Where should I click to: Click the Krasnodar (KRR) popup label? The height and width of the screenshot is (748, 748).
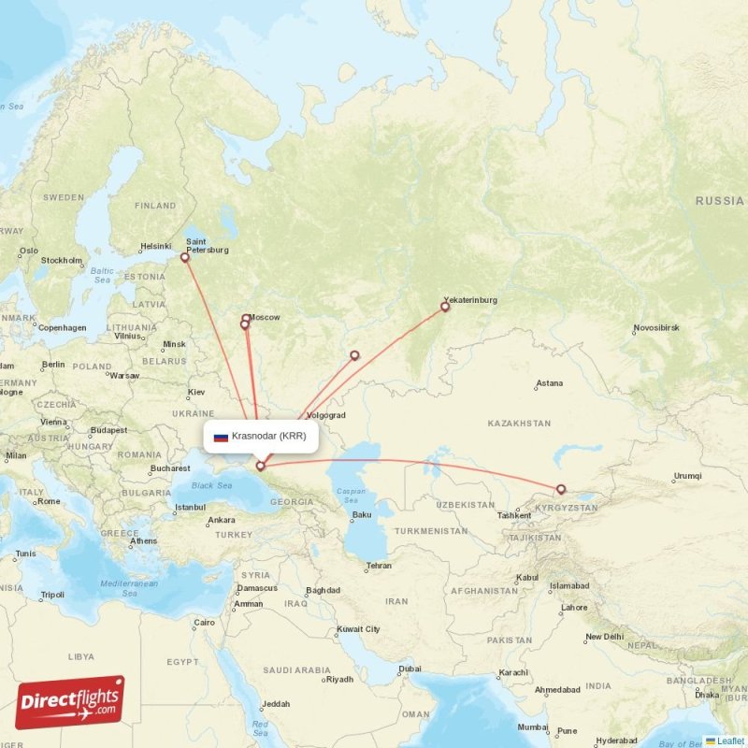[268, 436]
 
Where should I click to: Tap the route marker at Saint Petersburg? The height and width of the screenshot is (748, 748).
[185, 257]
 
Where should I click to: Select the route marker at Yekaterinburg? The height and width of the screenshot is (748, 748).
[445, 306]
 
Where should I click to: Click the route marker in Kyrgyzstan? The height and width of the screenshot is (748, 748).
[561, 489]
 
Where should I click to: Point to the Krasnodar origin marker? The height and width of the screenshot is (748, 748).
[260, 465]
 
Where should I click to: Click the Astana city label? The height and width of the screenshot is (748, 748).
[550, 383]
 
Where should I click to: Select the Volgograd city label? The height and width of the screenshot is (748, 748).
[325, 415]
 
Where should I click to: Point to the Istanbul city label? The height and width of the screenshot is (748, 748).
[189, 509]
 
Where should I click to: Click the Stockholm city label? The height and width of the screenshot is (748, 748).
[62, 260]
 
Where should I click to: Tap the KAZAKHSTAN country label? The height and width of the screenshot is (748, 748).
[519, 424]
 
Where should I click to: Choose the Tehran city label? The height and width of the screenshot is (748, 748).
[379, 566]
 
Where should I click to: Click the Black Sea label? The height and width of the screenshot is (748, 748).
[211, 485]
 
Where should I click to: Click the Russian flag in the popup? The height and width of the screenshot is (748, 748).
[221, 437]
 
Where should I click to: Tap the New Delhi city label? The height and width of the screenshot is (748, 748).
[605, 637]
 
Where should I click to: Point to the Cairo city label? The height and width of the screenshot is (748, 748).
[204, 622]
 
